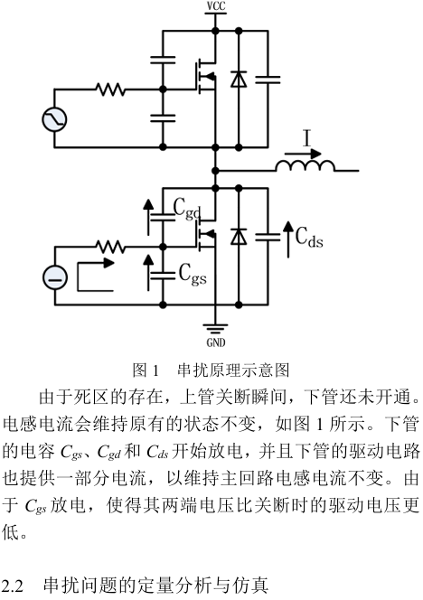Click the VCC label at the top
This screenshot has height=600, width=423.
point(216,6)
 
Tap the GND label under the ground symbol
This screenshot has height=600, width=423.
point(216,342)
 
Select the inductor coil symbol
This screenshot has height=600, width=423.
point(305,165)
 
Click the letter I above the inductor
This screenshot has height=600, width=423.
point(306,138)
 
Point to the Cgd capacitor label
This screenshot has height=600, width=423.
point(187,209)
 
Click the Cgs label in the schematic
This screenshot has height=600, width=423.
point(193,274)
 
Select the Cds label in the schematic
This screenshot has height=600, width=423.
point(309,237)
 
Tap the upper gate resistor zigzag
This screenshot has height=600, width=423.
point(110,89)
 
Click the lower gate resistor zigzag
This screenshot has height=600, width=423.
point(110,247)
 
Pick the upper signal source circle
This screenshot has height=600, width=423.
point(54,119)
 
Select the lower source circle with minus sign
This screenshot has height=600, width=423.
point(55,277)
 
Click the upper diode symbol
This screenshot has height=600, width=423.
point(239,80)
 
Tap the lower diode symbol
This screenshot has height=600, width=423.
point(239,236)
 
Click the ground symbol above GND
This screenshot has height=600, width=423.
point(215,329)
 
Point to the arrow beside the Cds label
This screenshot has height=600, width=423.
point(288,239)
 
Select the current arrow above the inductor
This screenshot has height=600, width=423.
point(303,154)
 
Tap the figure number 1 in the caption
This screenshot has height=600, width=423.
point(155,370)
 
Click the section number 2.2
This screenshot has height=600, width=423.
point(13,586)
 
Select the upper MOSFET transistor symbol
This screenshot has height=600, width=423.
point(205,77)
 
